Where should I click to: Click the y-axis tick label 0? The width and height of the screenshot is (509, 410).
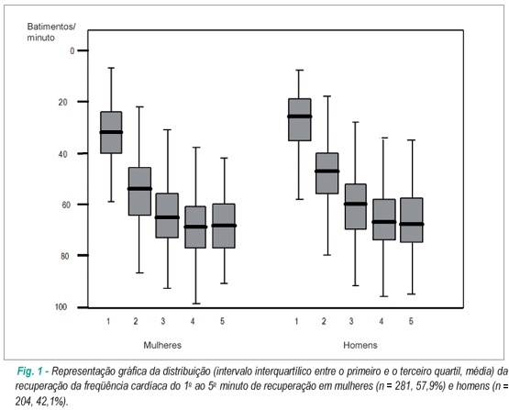click(72, 50)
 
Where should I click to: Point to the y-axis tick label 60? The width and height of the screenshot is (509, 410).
click(66, 205)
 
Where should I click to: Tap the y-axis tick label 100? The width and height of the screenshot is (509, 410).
click(61, 307)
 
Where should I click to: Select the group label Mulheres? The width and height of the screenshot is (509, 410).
click(162, 345)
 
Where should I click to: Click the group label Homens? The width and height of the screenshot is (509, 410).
click(360, 345)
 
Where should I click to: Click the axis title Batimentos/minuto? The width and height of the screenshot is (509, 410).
click(51, 32)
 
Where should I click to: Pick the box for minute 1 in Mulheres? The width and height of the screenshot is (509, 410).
click(111, 132)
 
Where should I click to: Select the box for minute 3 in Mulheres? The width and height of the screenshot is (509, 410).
click(167, 216)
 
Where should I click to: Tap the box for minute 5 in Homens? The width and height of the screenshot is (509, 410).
click(412, 220)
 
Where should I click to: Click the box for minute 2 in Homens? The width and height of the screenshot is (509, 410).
click(327, 173)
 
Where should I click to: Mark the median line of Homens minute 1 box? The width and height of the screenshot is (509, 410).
click(300, 116)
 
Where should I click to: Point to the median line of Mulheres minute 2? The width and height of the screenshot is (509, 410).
click(139, 189)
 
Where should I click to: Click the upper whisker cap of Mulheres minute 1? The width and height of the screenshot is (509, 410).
click(111, 68)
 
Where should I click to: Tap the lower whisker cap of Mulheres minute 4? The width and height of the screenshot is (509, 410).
click(195, 304)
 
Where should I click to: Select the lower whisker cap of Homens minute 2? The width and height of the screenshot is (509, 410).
click(327, 255)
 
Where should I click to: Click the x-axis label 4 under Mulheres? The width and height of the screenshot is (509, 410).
click(193, 321)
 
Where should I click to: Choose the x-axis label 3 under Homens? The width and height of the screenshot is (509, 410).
click(351, 321)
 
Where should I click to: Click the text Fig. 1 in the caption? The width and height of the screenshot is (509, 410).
click(30, 371)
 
